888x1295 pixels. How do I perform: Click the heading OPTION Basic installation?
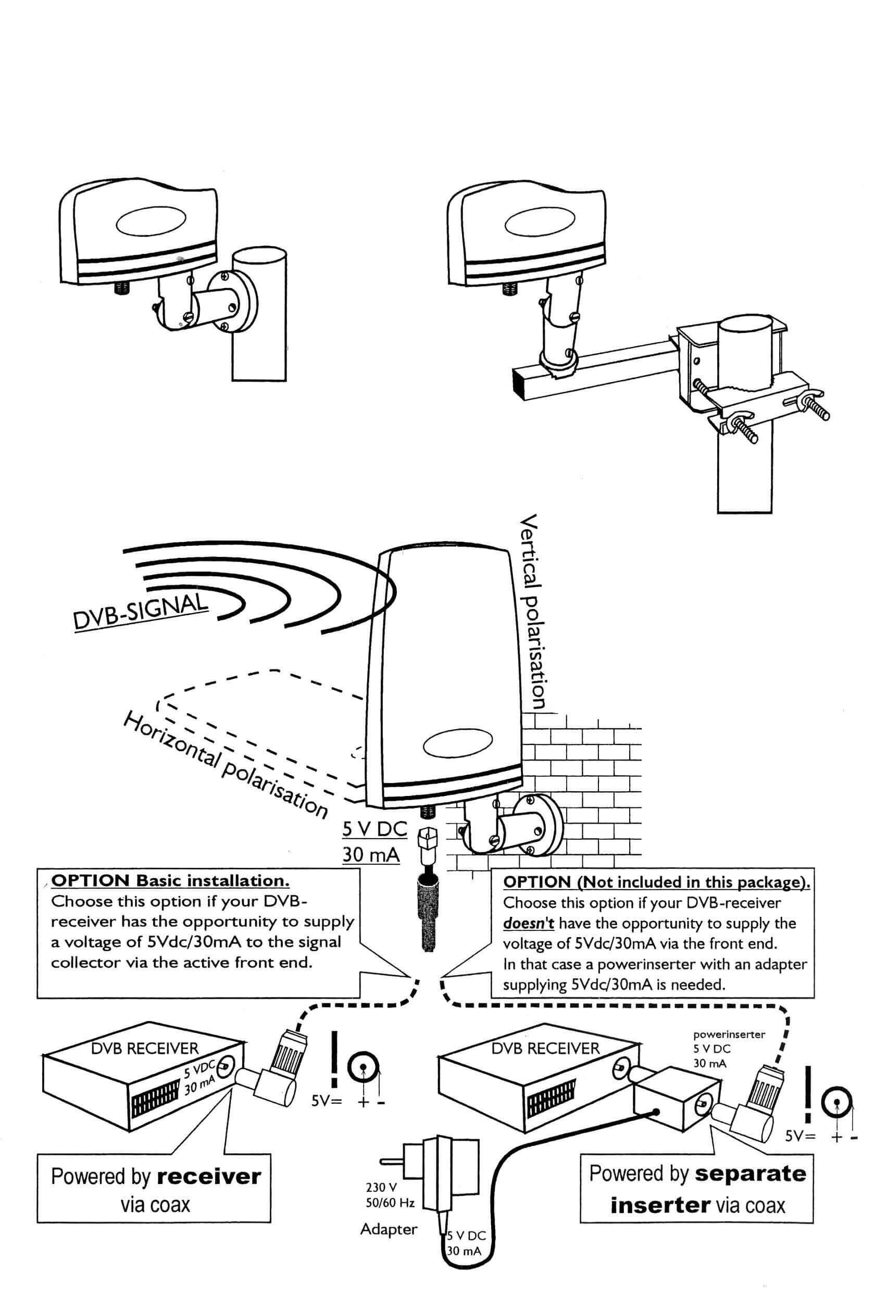(170, 881)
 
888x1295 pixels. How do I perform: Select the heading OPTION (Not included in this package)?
(656, 882)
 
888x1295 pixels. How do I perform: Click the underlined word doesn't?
(529, 924)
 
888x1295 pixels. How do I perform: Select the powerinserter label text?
(729, 1035)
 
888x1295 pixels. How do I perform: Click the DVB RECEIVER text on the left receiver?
(145, 1048)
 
